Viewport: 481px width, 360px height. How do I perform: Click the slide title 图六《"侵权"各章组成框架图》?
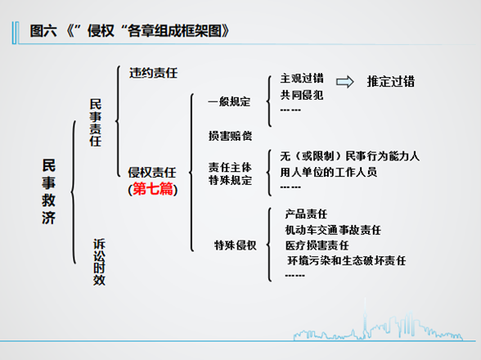129,31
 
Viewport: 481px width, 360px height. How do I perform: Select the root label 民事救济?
49,191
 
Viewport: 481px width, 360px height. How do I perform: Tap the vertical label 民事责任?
96,123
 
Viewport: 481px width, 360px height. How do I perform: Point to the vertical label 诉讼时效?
99,262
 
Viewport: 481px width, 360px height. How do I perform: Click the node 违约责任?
154,73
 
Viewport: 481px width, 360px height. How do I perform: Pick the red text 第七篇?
153,189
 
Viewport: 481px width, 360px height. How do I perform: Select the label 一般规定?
229,101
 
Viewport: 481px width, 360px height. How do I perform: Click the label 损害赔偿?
230,136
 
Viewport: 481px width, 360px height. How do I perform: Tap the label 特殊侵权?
236,245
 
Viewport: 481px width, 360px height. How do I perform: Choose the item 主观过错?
302,79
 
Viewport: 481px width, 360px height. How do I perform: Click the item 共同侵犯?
302,95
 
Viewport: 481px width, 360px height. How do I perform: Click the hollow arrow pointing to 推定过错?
345,82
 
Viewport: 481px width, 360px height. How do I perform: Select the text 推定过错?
391,82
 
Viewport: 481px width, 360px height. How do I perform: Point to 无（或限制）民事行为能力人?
350,156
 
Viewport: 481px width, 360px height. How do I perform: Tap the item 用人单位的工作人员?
329,172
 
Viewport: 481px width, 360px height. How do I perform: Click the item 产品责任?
306,214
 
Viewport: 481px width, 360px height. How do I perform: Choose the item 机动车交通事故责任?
333,230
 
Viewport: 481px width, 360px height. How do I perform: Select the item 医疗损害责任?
317,245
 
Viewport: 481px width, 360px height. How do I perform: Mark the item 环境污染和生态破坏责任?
347,260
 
